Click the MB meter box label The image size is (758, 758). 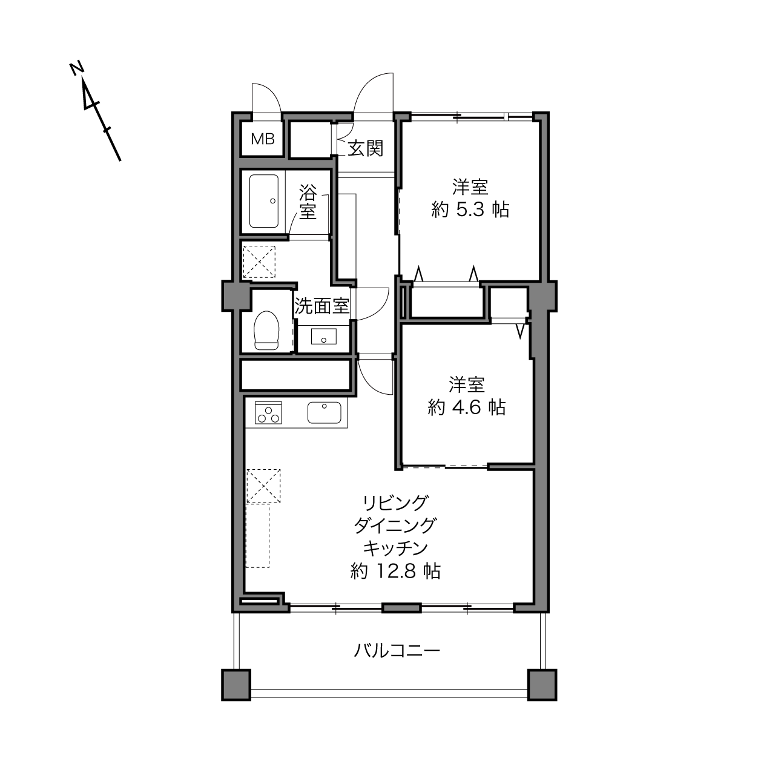[x=262, y=139]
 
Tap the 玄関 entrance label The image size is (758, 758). [x=366, y=149]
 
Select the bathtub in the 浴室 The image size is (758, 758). [x=264, y=201]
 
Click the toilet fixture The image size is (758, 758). [x=267, y=330]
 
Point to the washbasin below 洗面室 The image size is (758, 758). [x=324, y=337]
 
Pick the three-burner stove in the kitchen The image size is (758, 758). [x=268, y=412]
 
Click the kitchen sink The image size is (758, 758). [x=324, y=412]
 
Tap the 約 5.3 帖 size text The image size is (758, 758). [x=470, y=209]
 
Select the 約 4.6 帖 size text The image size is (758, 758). [x=467, y=407]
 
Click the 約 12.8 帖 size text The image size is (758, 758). [x=395, y=571]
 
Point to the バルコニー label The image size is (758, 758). [x=397, y=651]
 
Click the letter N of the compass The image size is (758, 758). [x=77, y=68]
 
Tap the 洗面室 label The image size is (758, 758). [x=322, y=306]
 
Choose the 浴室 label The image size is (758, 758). [x=308, y=202]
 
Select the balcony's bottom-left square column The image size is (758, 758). [x=236, y=685]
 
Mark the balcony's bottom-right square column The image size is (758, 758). [x=542, y=685]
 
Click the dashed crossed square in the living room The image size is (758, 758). [x=263, y=486]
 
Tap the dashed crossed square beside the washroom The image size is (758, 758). [x=259, y=262]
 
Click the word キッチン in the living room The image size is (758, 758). [x=395, y=548]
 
